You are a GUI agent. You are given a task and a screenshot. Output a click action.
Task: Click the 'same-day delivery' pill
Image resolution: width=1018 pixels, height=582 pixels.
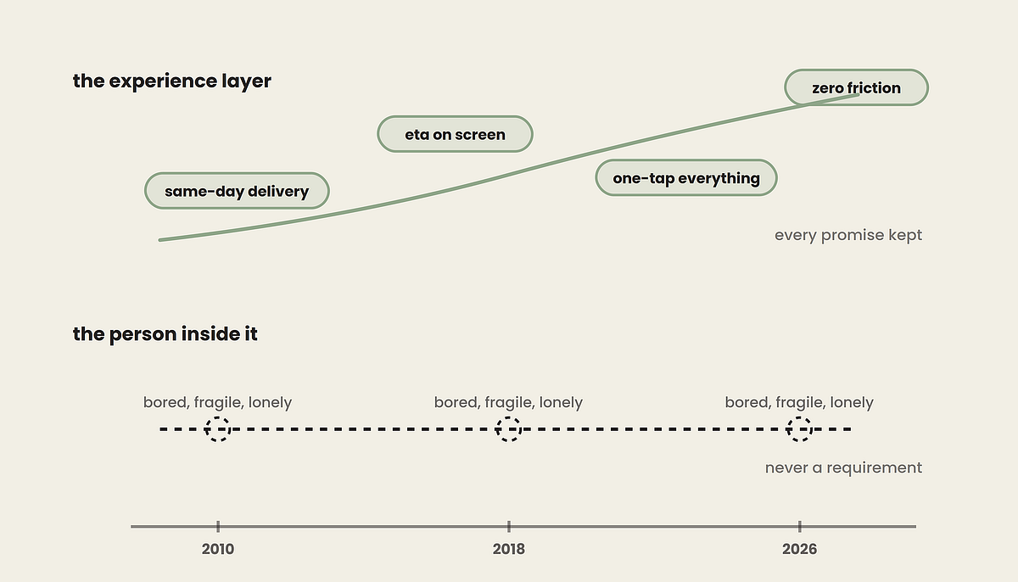pyautogui.click(x=237, y=191)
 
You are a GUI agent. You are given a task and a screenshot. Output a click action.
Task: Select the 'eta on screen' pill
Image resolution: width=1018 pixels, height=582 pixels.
pyautogui.click(x=455, y=134)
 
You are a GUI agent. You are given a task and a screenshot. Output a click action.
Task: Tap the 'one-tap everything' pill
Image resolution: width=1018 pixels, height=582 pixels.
pyautogui.click(x=686, y=177)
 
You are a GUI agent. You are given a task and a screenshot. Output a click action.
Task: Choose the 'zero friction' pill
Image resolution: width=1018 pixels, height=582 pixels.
pyautogui.click(x=856, y=87)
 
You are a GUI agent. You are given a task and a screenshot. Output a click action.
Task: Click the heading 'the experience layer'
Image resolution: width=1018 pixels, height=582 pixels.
pyautogui.click(x=171, y=81)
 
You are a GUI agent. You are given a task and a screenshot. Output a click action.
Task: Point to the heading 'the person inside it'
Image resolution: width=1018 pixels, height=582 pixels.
pyautogui.click(x=165, y=334)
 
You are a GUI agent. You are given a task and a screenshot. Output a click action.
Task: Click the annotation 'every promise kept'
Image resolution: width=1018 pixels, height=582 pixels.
pyautogui.click(x=848, y=235)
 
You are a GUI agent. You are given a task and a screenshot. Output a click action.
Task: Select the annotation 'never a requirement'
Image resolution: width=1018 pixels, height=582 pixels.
pyautogui.click(x=843, y=467)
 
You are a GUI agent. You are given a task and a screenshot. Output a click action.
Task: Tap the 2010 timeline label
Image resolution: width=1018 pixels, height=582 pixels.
pyautogui.click(x=218, y=549)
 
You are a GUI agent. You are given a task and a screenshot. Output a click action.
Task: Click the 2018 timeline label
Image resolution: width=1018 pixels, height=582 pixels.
pyautogui.click(x=508, y=549)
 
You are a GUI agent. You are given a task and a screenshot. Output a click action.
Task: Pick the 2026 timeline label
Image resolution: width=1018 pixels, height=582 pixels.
pyautogui.click(x=799, y=549)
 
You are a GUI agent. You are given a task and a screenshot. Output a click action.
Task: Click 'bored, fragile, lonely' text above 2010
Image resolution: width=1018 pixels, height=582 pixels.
pyautogui.click(x=218, y=402)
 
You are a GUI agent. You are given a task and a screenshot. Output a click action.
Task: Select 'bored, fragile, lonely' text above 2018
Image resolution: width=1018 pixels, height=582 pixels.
pyautogui.click(x=508, y=402)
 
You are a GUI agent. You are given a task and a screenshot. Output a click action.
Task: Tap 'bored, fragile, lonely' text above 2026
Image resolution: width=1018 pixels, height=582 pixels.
pyautogui.click(x=799, y=402)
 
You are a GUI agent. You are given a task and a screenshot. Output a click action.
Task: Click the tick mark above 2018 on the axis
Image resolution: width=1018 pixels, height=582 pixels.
pyautogui.click(x=509, y=527)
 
